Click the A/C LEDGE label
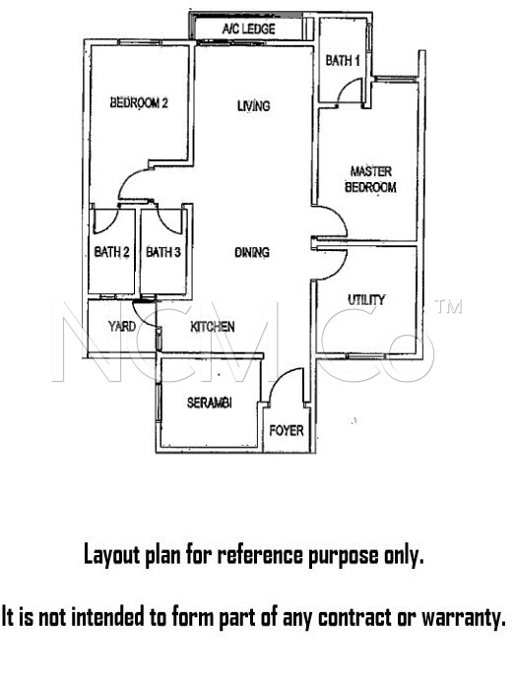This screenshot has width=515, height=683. tap(248, 30)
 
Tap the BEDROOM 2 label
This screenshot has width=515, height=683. tap(139, 102)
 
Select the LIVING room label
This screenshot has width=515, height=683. tap(254, 105)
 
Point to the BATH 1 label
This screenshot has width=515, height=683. tap(343, 60)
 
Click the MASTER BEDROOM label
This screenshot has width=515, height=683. tap(371, 179)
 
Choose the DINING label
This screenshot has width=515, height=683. tap(252, 252)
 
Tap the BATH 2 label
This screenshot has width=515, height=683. tap(111, 252)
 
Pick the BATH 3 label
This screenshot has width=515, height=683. tap(162, 252)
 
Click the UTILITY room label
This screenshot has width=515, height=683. tap(366, 300)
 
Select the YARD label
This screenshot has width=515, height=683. tap(122, 326)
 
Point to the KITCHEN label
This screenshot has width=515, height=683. tap(212, 327)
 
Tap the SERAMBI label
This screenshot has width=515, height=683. tap(209, 403)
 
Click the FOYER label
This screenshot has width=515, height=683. tap(287, 430)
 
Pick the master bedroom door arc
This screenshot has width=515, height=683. tap(338, 214)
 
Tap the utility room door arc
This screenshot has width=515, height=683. tap(339, 270)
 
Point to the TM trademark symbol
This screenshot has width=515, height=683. tap(448, 307)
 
